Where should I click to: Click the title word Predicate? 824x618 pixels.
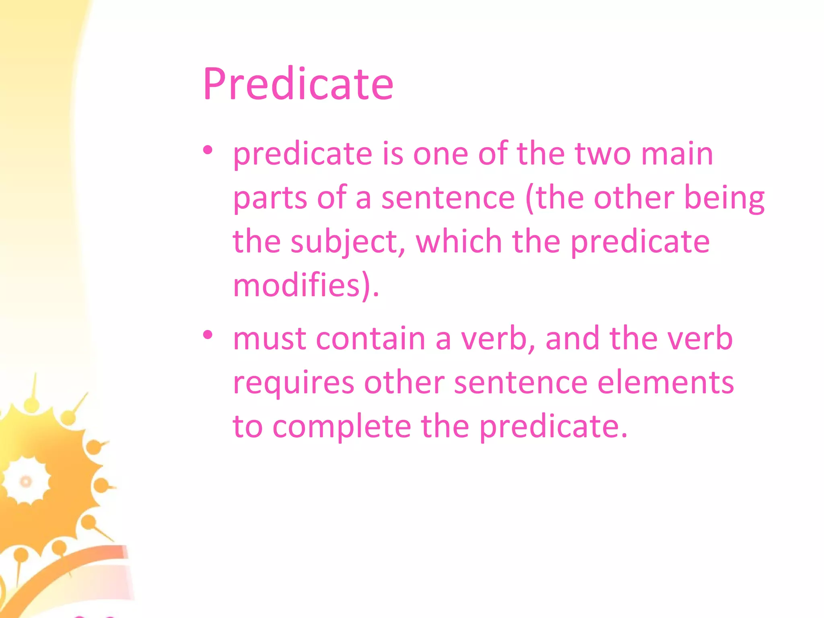(298, 84)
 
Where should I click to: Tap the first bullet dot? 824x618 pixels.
(208, 150)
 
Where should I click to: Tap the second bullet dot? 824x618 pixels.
(208, 335)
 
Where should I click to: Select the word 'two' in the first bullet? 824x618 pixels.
(603, 154)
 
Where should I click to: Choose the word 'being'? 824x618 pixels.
(724, 199)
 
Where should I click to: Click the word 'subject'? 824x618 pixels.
(347, 243)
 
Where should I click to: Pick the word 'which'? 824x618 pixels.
(459, 242)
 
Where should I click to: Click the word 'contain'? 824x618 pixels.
(371, 339)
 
